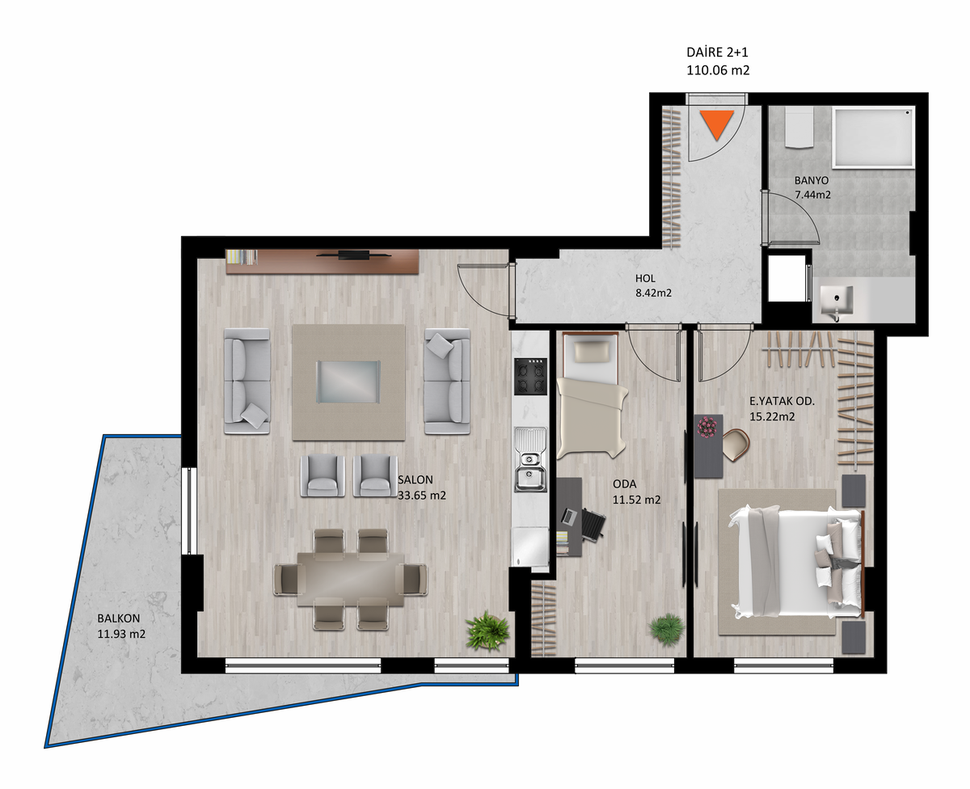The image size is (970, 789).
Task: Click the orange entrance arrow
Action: [717, 124]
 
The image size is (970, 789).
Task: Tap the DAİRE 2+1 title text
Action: [717, 53]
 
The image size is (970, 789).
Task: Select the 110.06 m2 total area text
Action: [718, 70]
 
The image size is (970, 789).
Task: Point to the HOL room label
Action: [645, 278]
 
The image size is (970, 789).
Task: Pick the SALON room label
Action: [415, 480]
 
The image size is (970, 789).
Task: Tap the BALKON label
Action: [118, 618]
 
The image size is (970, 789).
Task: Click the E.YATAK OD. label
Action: [782, 401]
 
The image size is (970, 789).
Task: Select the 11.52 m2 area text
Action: [637, 500]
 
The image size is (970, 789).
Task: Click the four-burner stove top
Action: [530, 376]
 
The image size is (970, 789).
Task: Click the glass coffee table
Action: [348, 382]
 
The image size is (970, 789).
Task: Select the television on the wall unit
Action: [354, 254]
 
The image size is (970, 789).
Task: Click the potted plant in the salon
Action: [487, 631]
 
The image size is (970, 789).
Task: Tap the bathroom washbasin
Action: [837, 301]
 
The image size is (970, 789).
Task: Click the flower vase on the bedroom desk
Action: [707, 427]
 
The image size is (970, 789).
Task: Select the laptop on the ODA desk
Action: [570, 516]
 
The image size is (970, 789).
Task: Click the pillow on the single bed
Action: [591, 351]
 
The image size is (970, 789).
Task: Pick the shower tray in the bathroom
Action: [873, 138]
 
